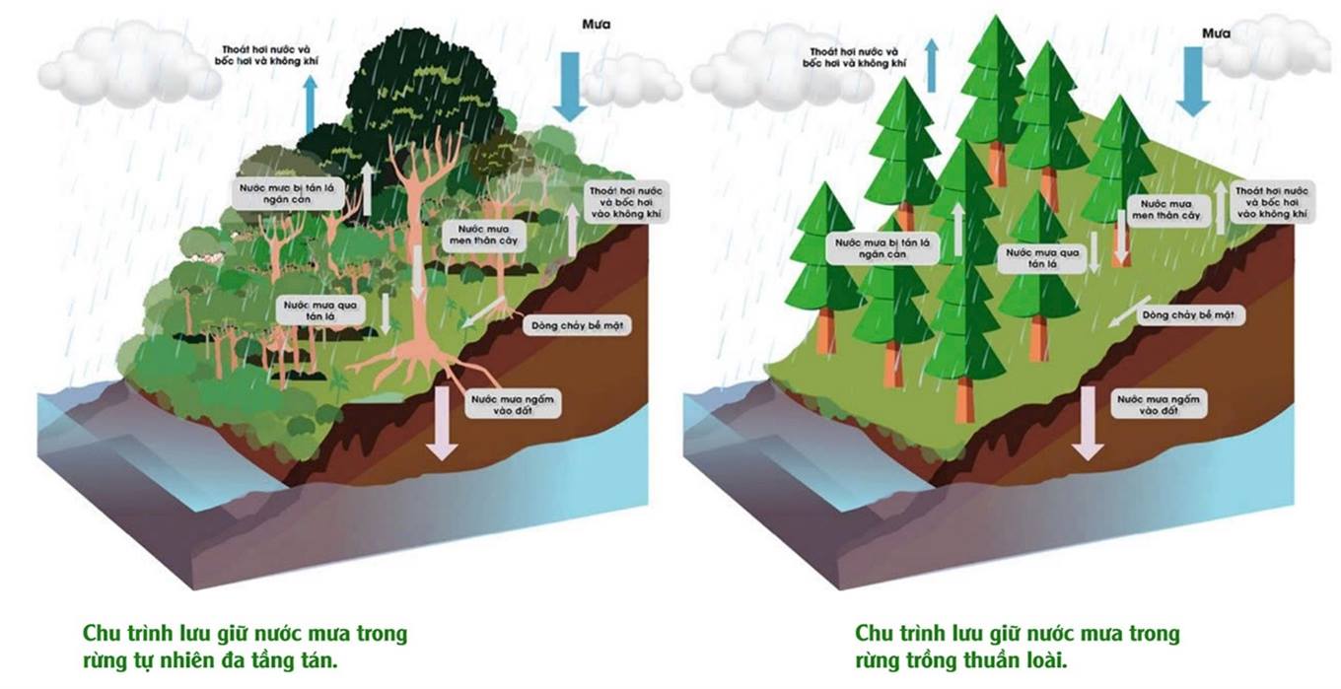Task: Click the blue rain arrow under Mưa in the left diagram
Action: point(569,85)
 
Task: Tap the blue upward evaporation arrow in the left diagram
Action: point(311,104)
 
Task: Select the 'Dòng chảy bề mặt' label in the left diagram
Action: point(576,325)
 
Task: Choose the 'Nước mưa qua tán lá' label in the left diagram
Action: point(321,311)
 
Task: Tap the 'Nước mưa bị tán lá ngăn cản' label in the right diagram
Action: point(882,247)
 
